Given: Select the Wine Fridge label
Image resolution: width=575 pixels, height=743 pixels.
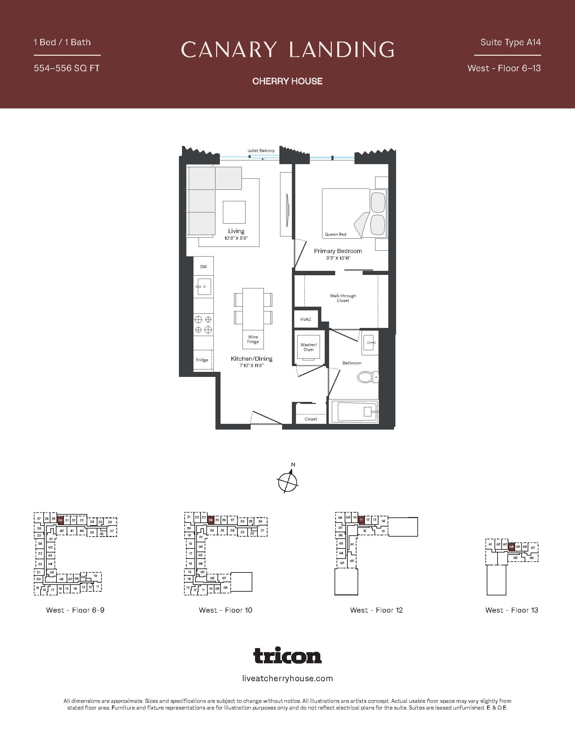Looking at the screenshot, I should [x=253, y=339].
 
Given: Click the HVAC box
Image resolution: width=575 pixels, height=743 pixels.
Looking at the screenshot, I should [x=305, y=319].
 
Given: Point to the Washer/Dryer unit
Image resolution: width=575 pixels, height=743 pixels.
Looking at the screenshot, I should [x=308, y=347].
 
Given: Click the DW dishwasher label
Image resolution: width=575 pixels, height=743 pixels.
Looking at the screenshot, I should [x=203, y=267].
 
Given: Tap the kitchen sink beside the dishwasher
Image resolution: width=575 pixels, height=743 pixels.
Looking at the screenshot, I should [x=203, y=286].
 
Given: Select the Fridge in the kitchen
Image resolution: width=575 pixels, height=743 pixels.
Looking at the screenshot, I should [x=202, y=360].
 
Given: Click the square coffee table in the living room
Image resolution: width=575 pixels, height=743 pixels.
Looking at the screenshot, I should [x=234, y=212].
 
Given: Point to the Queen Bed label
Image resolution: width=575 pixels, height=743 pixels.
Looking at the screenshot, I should [x=336, y=234].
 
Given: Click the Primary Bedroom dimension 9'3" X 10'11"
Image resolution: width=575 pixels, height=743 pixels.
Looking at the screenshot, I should [x=338, y=258].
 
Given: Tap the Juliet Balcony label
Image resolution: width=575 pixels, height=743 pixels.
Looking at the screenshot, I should [x=261, y=150].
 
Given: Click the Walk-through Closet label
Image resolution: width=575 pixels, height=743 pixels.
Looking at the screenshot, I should [x=343, y=298].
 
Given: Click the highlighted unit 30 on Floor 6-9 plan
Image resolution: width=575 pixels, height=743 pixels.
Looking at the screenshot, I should [x=60, y=520].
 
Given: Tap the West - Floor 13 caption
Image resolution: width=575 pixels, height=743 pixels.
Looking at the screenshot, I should [x=512, y=610].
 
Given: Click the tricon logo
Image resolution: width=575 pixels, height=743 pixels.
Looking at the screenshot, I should [x=287, y=656].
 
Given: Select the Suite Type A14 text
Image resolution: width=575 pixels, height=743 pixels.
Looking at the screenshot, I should [x=510, y=42].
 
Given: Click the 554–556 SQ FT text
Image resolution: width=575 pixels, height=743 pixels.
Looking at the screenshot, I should [x=67, y=68].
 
